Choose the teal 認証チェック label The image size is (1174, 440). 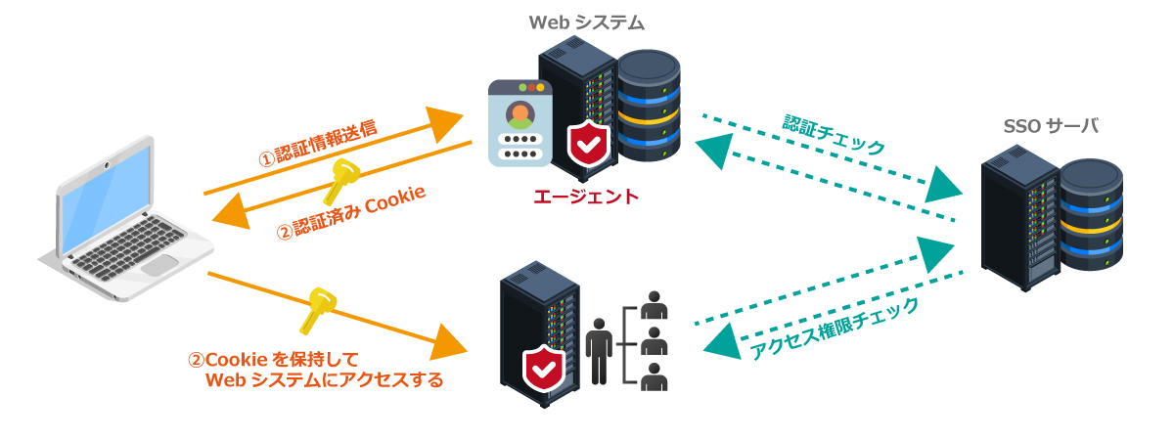click(x=834, y=135)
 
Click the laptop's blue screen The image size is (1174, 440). click(x=105, y=190)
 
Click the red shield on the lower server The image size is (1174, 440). click(x=543, y=367)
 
